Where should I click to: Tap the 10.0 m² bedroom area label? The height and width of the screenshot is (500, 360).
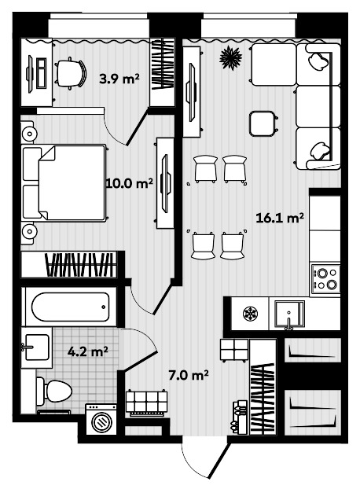(x=129, y=184)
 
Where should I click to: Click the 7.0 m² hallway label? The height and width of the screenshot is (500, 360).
(x=189, y=375)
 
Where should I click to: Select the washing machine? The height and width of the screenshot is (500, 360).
(x=102, y=420)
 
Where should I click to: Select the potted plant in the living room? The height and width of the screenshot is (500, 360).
(x=230, y=57)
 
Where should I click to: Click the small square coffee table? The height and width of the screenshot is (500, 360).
(x=262, y=123)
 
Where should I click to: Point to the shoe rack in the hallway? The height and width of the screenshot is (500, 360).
(x=146, y=403)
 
